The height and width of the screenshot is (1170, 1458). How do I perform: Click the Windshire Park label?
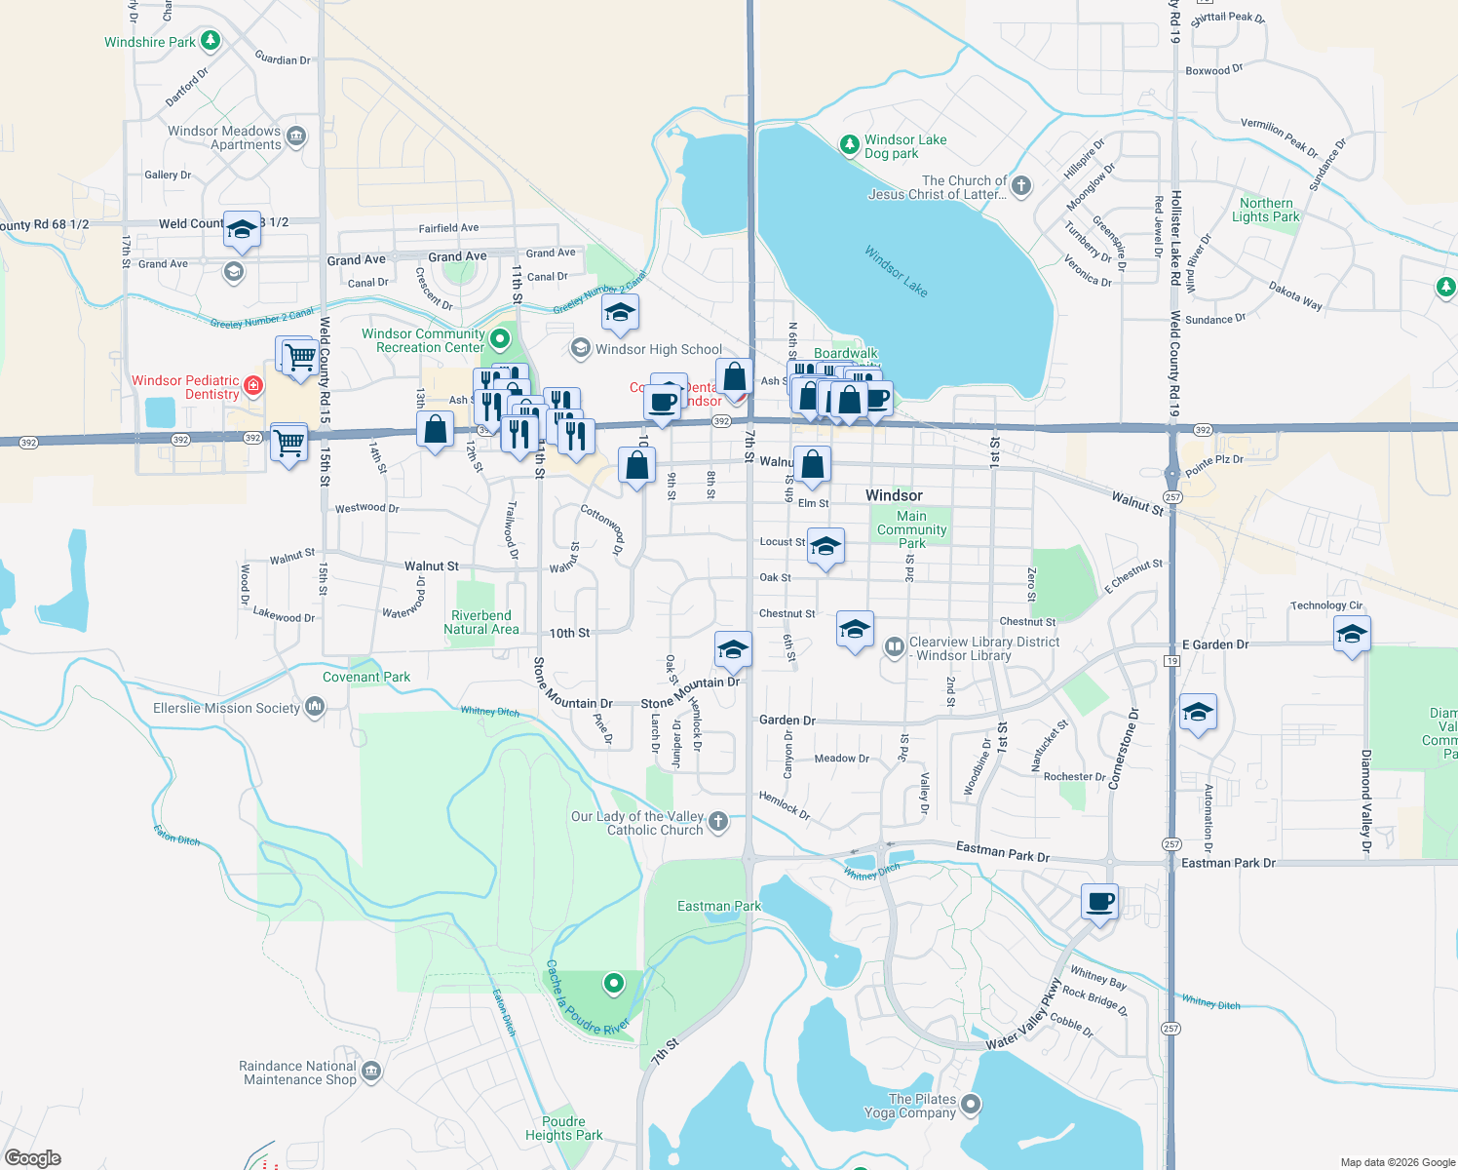pyautogui.click(x=150, y=42)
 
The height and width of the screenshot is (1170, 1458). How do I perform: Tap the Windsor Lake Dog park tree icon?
pyautogui.click(x=850, y=145)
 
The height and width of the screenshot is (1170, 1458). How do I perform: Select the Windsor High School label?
pyautogui.click(x=659, y=349)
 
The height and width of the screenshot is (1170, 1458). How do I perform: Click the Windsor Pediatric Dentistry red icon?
pyautogui.click(x=253, y=386)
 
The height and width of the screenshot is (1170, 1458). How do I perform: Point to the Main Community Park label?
pyautogui.click(x=911, y=529)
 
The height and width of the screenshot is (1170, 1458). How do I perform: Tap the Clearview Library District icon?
pyautogui.click(x=894, y=647)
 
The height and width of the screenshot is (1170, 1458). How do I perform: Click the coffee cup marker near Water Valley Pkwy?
pyautogui.click(x=1099, y=902)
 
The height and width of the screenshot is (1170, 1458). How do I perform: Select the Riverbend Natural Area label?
pyautogui.click(x=480, y=622)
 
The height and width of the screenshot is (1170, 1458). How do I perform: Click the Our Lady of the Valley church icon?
pyautogui.click(x=718, y=822)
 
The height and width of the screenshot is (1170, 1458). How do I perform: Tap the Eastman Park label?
pyautogui.click(x=719, y=906)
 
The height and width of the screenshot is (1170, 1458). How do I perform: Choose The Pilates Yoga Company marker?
pyautogui.click(x=970, y=1105)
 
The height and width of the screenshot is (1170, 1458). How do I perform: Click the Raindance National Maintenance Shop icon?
pyautogui.click(x=370, y=1072)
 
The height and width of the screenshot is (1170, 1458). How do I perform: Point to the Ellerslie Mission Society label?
pyautogui.click(x=226, y=708)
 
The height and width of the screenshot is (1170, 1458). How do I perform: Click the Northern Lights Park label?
pyautogui.click(x=1266, y=210)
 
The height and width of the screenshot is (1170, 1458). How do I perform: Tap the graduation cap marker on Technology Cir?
pyautogui.click(x=1351, y=636)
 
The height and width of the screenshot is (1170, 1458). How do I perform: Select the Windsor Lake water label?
pyautogui.click(x=897, y=271)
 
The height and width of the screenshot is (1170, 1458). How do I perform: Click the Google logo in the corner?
pyautogui.click(x=32, y=1158)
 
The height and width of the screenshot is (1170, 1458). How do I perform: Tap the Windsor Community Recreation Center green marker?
pyautogui.click(x=500, y=339)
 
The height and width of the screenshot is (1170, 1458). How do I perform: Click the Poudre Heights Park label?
pyautogui.click(x=563, y=1128)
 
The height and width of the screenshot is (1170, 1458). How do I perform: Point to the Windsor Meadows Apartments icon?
pyautogui.click(x=297, y=136)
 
